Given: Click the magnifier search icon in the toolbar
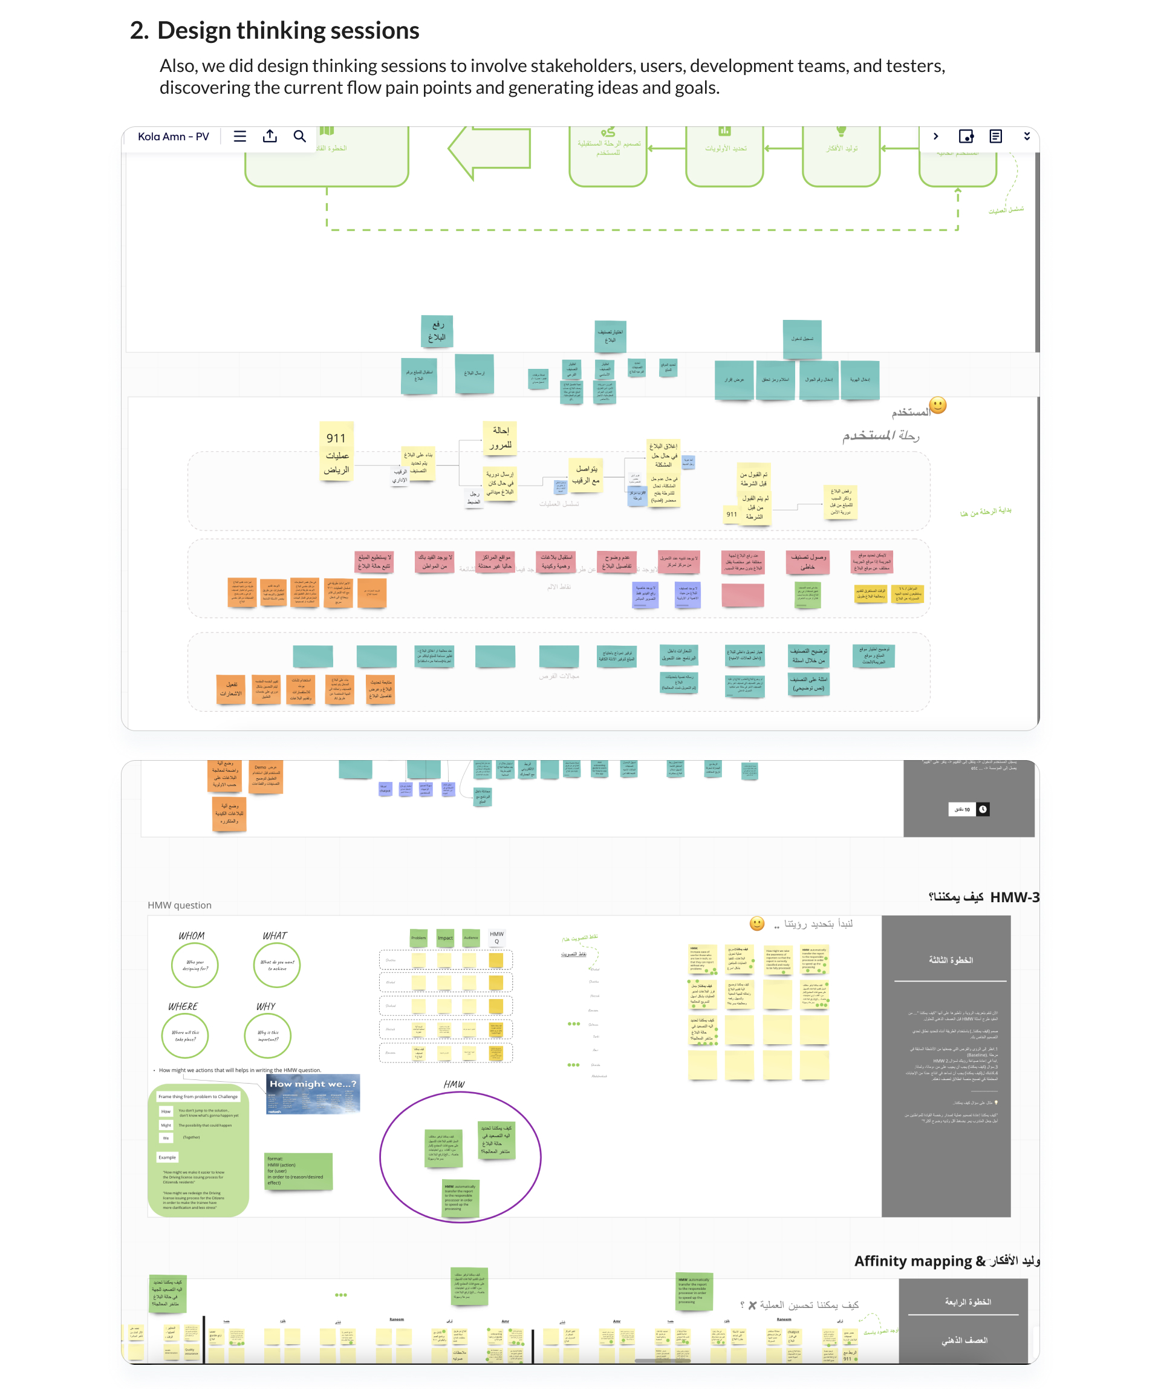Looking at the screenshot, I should (300, 136).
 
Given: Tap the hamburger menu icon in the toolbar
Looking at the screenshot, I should (240, 136).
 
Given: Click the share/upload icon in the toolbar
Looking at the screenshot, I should (270, 136).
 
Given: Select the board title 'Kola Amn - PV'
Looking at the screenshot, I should (174, 137).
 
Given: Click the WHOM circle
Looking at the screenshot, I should (195, 965).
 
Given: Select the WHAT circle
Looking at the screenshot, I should (276, 965).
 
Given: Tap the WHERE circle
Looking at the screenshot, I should (185, 1035).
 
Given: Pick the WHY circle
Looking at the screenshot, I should (267, 1035).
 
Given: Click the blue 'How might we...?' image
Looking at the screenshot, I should (313, 1095).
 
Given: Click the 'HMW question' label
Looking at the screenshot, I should (179, 905).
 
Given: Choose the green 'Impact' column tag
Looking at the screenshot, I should (445, 937).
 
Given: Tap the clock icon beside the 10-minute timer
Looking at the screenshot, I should (983, 809).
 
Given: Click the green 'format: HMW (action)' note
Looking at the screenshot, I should (298, 1171).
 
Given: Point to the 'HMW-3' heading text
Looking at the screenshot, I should (1014, 897).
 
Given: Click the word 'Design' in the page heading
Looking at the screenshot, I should (194, 30).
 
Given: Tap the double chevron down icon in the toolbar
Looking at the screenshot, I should (1027, 136).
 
